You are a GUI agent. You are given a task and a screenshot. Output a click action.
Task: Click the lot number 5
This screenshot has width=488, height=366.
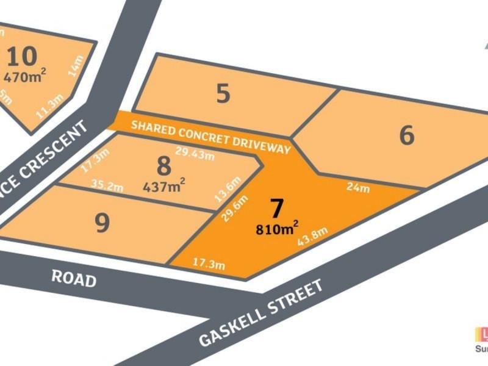coord(223,94)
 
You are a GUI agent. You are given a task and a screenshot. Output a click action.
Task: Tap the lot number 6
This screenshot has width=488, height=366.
coord(407,135)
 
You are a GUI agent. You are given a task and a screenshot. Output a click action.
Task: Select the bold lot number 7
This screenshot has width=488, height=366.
coord(277,209)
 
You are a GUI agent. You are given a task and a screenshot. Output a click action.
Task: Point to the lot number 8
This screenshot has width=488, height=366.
coord(163,166)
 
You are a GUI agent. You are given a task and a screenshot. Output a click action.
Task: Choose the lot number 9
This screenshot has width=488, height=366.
coord(102,223)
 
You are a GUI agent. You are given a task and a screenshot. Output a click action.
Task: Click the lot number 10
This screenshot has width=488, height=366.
coord(23,57)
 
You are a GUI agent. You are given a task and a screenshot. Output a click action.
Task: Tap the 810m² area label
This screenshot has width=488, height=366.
coord(277,229)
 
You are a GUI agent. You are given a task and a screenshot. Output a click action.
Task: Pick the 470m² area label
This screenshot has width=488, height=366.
coord(24,77)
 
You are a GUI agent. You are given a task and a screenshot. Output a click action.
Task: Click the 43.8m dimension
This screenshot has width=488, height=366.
coord(312,237)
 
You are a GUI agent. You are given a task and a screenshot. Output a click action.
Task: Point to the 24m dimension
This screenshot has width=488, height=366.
coord(359,188)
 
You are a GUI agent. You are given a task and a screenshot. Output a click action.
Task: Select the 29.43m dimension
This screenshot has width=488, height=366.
coord(195,154)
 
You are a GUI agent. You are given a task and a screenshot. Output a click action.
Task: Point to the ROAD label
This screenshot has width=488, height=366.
coord(73,279)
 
